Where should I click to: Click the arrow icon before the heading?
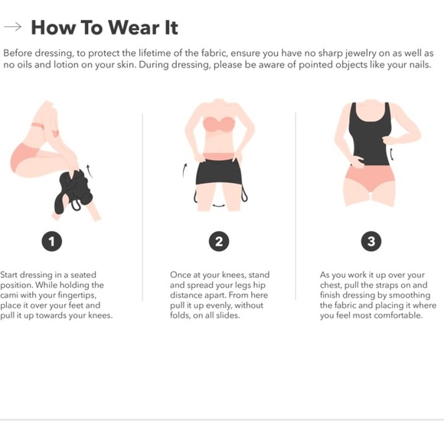pyautogui.click(x=12, y=28)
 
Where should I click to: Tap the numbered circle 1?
pyautogui.click(x=51, y=242)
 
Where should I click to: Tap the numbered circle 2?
pyautogui.click(x=218, y=242)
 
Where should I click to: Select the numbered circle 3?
pyautogui.click(x=371, y=242)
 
